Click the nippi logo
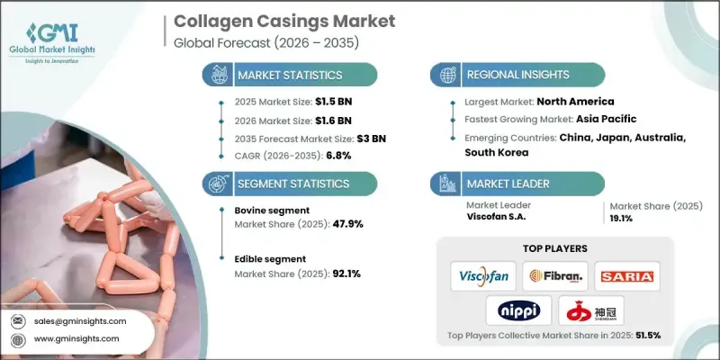(519, 310)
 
